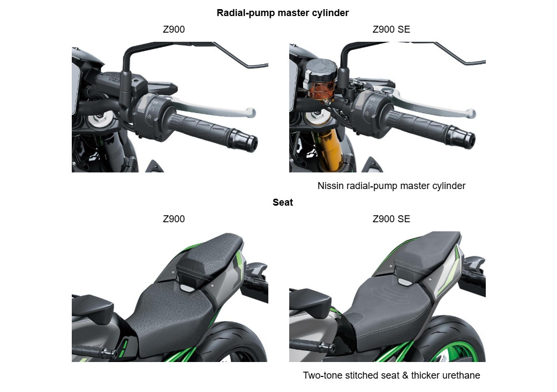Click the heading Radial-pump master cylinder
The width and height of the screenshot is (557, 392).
[x=282, y=13]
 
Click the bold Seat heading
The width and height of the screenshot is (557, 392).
[x=282, y=202]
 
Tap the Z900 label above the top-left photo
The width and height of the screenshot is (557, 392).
[x=174, y=29]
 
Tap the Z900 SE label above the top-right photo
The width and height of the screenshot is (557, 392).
[x=391, y=29]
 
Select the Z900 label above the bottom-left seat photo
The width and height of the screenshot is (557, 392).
[x=174, y=219]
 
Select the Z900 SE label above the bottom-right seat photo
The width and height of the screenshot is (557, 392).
[x=391, y=219]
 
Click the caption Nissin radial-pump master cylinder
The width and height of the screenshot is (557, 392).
[x=391, y=186]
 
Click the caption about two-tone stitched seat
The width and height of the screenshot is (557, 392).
[x=391, y=375]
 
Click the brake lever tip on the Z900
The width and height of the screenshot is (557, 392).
[x=250, y=112]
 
